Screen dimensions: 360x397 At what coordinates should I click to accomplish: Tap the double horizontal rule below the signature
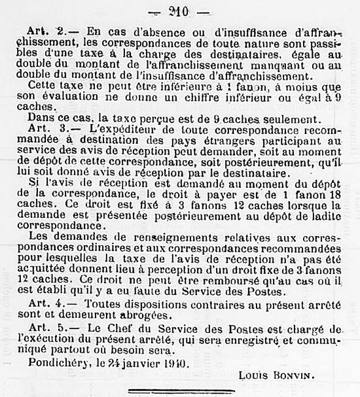pos(179,390)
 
